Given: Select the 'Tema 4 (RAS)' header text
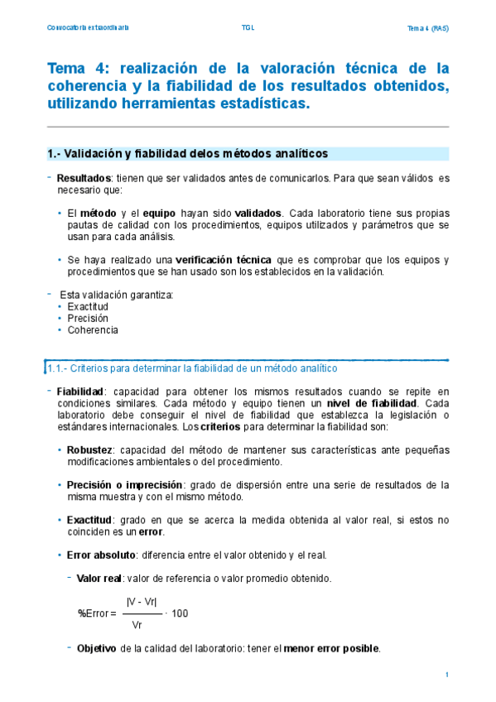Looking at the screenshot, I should (427, 28).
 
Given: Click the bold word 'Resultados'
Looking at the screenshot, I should (84, 178).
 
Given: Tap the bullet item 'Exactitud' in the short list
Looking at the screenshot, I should (88, 306).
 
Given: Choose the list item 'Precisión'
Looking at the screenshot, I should (88, 318).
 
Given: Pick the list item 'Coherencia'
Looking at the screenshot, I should (93, 329).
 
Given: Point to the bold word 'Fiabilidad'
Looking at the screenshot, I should (80, 392).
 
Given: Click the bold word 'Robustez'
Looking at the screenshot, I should (91, 450).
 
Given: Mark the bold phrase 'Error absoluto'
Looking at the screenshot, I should (101, 555).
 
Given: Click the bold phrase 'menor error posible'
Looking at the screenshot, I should (331, 648).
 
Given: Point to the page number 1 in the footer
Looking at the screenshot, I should (446, 676).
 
